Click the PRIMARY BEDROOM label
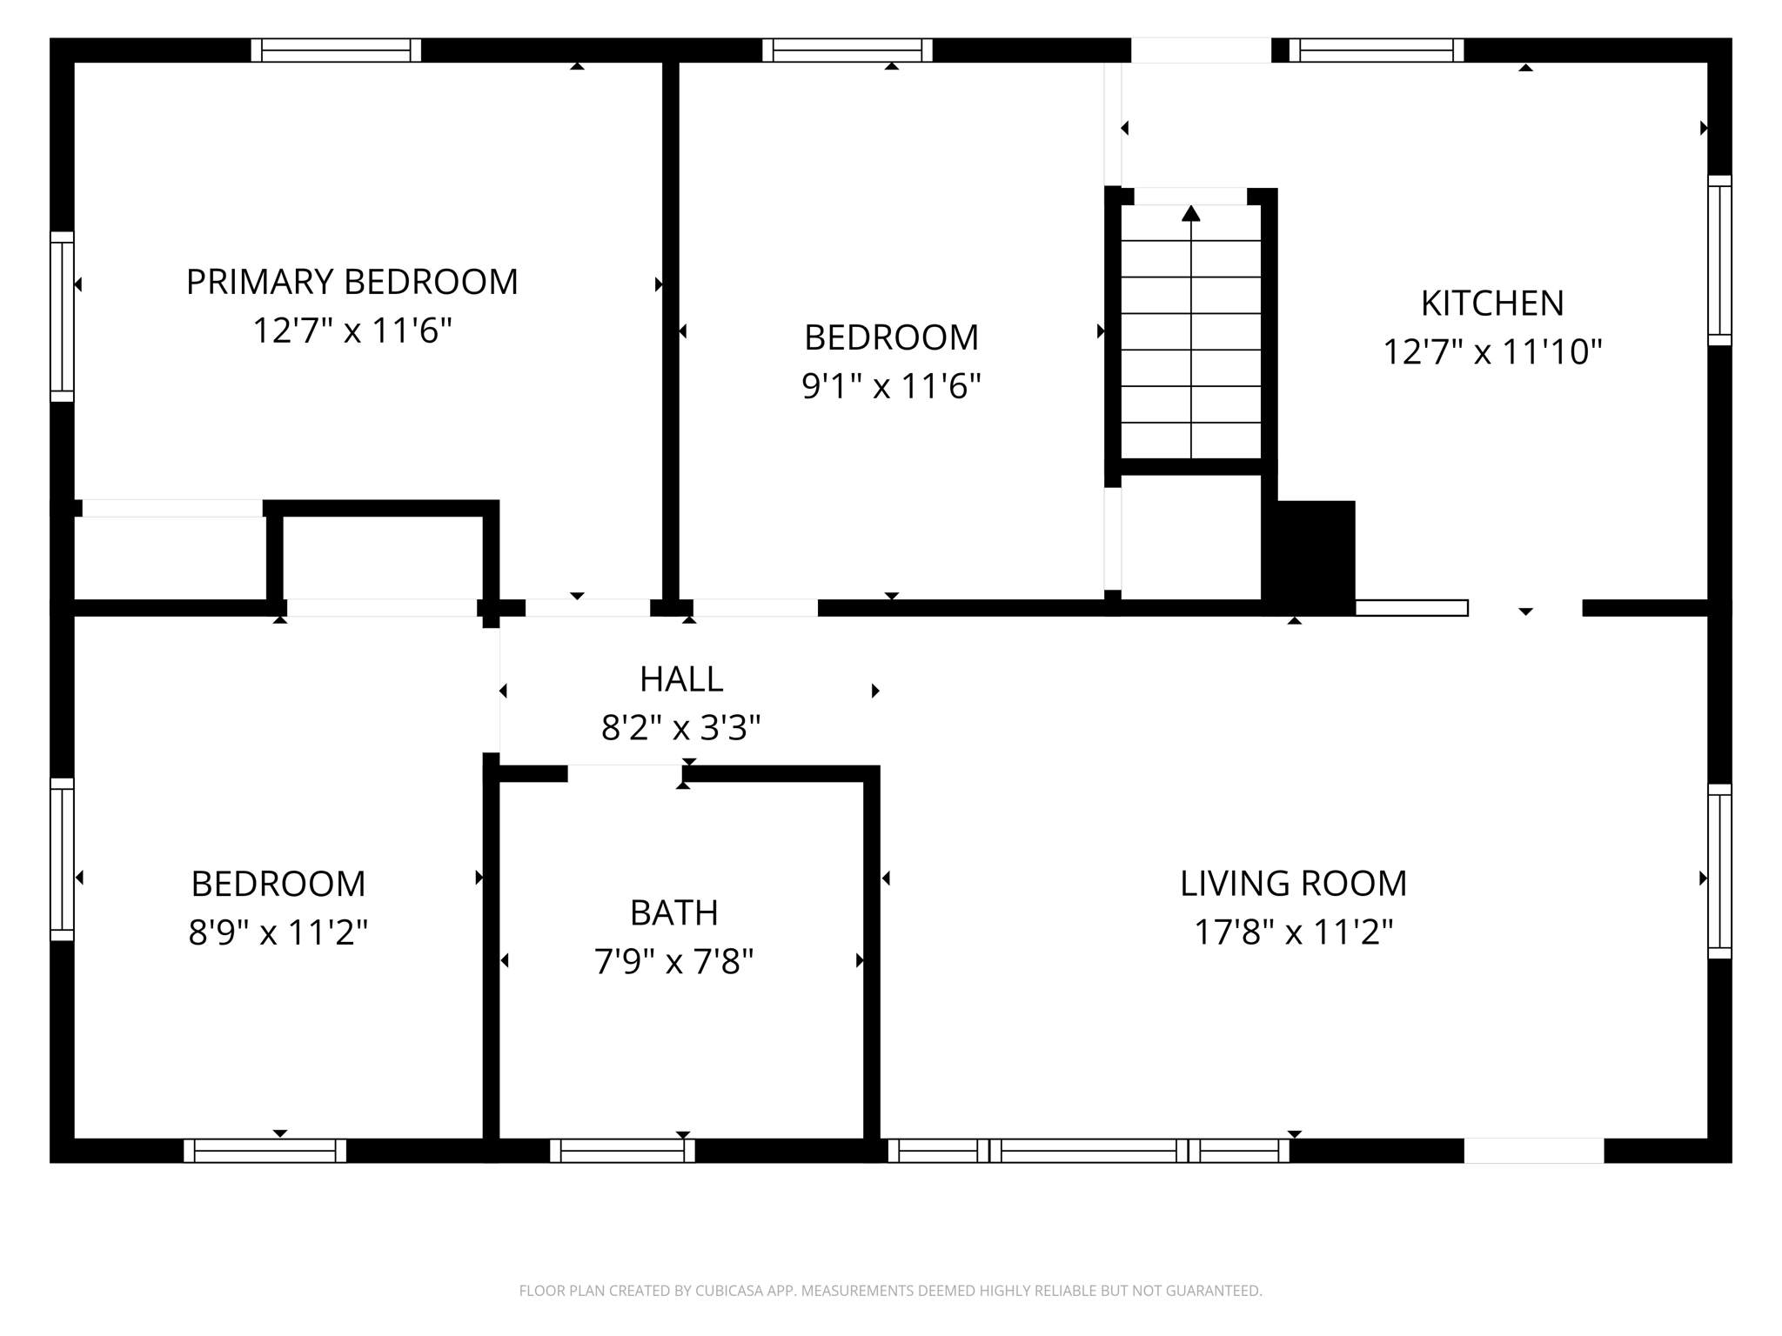point(352,282)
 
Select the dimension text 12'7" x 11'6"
point(352,331)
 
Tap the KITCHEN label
point(1492,303)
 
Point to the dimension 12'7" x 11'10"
point(1492,352)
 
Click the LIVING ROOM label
point(1293,883)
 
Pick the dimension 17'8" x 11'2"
point(1293,932)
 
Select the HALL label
point(681,679)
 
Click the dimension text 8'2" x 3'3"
point(681,727)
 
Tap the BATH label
point(674,912)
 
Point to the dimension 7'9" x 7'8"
point(674,962)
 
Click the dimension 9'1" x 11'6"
point(891,385)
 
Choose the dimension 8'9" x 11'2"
point(278,932)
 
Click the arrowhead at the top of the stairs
point(1191,213)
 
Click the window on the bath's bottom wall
point(622,1151)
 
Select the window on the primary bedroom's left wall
point(62,317)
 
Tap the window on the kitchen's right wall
point(1719,260)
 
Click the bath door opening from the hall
point(625,773)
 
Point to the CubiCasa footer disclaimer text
point(890,1291)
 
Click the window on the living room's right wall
point(1719,871)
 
